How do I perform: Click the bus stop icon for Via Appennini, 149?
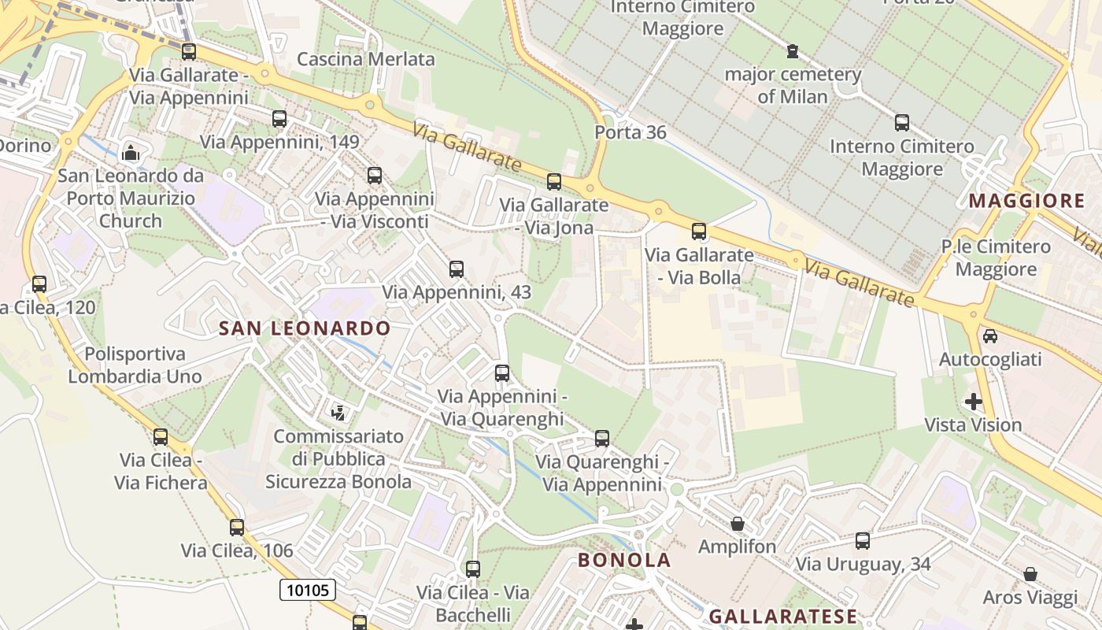tap(279, 119)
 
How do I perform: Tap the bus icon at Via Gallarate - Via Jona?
tap(554, 182)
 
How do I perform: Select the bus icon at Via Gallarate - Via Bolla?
tap(698, 232)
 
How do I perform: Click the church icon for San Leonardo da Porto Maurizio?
tap(131, 152)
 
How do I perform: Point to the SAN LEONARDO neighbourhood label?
tap(304, 328)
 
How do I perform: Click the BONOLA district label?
tap(624, 560)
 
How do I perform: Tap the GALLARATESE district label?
tap(782, 616)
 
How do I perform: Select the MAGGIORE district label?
tap(1026, 201)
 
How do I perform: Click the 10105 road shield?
tap(308, 590)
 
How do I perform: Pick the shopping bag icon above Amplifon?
tap(738, 524)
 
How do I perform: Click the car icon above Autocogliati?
tap(990, 336)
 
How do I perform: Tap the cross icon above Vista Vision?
tap(974, 402)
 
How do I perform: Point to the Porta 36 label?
tap(631, 132)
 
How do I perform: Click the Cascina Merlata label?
tap(366, 59)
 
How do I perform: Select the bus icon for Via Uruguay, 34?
tap(863, 541)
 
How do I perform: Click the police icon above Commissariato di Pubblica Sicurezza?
tap(338, 412)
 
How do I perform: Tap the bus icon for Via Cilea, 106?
tap(237, 528)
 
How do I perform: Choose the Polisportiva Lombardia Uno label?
tap(135, 365)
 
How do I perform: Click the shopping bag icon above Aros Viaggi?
tap(1030, 574)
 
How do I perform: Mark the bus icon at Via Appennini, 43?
tap(457, 269)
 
